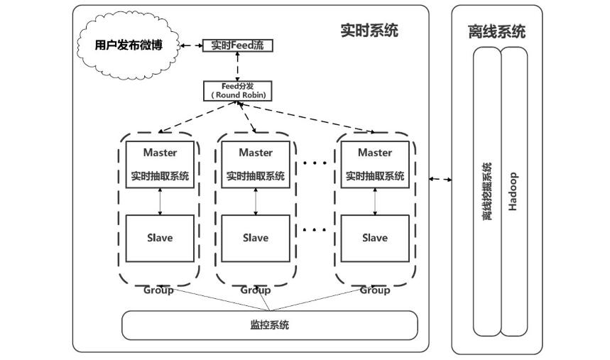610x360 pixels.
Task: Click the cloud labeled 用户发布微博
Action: pyautogui.click(x=129, y=45)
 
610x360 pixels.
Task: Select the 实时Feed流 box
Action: pyautogui.click(x=237, y=45)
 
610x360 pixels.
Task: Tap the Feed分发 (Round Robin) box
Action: pyautogui.click(x=237, y=90)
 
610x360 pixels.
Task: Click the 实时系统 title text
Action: pyautogui.click(x=369, y=31)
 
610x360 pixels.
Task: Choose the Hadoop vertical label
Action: pyautogui.click(x=513, y=192)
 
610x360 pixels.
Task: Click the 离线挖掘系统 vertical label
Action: pyautogui.click(x=487, y=192)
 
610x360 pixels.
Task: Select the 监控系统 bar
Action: pyautogui.click(x=270, y=325)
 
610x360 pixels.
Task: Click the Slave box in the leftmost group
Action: pyautogui.click(x=160, y=238)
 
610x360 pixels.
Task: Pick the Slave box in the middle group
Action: pyautogui.click(x=256, y=238)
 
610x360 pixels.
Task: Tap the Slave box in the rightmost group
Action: pyautogui.click(x=375, y=238)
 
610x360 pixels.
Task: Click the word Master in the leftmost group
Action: pyautogui.click(x=160, y=153)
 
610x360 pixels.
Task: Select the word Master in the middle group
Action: pyautogui.click(x=256, y=153)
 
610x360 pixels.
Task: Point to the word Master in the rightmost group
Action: pyautogui.click(x=375, y=153)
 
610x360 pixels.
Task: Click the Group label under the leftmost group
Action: pyautogui.click(x=158, y=290)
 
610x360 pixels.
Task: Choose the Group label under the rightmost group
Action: pyautogui.click(x=375, y=290)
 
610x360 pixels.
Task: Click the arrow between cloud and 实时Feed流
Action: pyautogui.click(x=190, y=45)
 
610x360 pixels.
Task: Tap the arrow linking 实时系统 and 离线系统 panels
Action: pyautogui.click(x=441, y=179)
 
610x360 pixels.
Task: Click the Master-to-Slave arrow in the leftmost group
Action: pyautogui.click(x=160, y=202)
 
